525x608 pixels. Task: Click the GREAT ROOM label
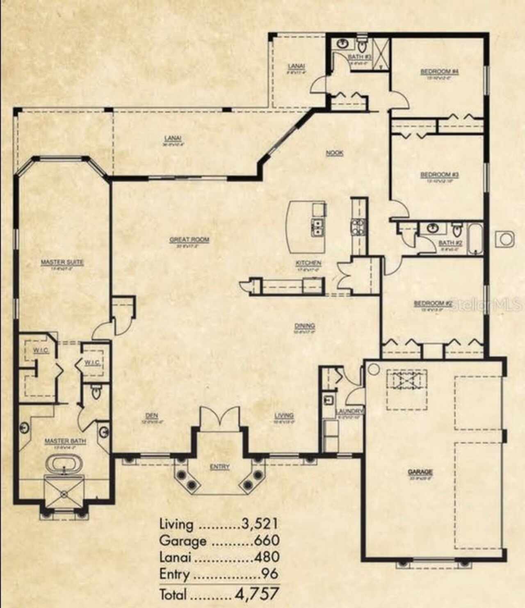click(189, 240)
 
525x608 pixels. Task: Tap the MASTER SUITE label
click(62, 262)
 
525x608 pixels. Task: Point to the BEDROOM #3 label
click(439, 175)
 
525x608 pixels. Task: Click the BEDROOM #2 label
click(433, 304)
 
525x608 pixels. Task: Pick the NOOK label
click(335, 153)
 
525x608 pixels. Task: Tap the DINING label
click(305, 326)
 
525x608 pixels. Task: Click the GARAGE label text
click(420, 472)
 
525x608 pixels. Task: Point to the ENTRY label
click(220, 467)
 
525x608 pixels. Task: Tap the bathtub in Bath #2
click(476, 239)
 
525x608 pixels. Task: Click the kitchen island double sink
click(317, 228)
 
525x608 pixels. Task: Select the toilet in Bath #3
click(362, 44)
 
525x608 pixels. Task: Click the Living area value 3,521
click(259, 523)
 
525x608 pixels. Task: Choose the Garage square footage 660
click(267, 540)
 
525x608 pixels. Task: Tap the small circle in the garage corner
click(373, 369)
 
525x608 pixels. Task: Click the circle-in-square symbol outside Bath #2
click(506, 239)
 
